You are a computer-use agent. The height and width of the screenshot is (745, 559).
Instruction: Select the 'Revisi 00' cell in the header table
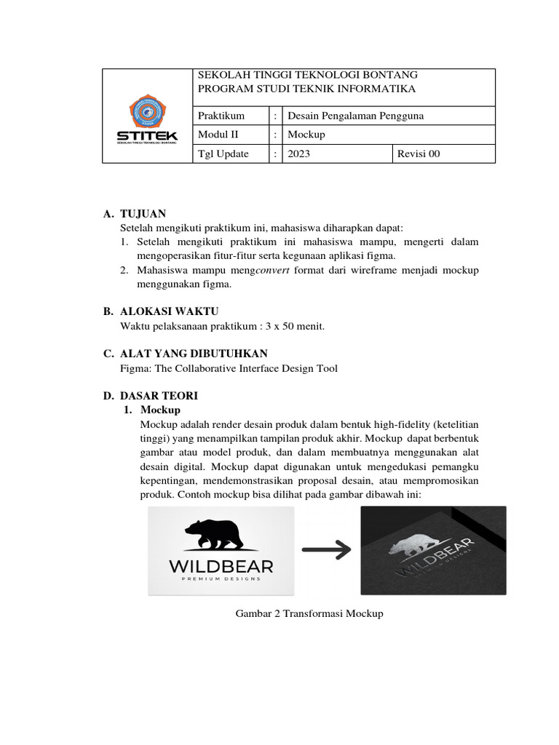pyautogui.click(x=418, y=154)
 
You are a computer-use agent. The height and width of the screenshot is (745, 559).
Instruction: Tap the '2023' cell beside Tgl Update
pyautogui.click(x=299, y=154)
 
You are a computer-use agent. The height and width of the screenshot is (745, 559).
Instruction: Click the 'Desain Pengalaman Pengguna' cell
pyautogui.click(x=356, y=116)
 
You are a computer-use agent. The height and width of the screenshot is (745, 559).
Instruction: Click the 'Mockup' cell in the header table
pyautogui.click(x=306, y=135)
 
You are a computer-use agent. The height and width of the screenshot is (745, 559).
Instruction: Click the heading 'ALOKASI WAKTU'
pyautogui.click(x=169, y=311)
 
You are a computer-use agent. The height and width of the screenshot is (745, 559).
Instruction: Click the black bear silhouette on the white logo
pyautogui.click(x=221, y=535)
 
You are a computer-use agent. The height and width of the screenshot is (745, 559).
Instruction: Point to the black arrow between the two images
pyautogui.click(x=328, y=551)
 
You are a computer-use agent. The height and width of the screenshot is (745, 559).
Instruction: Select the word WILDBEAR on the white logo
pyautogui.click(x=221, y=566)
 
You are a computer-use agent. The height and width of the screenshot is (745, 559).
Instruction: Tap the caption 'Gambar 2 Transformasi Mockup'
pyautogui.click(x=309, y=613)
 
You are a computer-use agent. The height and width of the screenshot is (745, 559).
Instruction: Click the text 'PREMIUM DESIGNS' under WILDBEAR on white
pyautogui.click(x=221, y=580)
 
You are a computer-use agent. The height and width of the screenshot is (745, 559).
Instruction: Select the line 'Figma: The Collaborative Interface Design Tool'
pyautogui.click(x=229, y=368)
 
